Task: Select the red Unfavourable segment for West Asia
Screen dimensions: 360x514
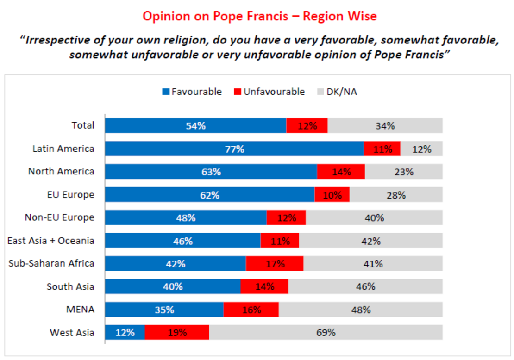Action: [177, 332]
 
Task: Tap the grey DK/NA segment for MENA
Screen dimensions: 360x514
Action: [360, 310]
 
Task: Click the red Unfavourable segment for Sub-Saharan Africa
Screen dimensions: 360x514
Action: [275, 264]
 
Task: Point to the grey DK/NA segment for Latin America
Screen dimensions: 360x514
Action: [421, 149]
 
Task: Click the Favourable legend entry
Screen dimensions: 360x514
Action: [192, 92]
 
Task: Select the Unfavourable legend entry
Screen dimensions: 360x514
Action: [269, 92]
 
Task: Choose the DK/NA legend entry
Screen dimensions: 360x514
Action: [337, 92]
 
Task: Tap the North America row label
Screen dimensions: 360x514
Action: [61, 171]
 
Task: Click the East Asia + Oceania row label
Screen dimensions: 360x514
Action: [51, 241]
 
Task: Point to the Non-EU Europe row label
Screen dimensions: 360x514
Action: [59, 217]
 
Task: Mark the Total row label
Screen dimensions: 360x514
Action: [83, 125]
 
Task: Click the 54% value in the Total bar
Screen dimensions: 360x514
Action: [195, 126]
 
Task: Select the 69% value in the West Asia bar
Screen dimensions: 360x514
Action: [326, 332]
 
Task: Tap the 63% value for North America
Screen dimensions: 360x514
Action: [211, 172]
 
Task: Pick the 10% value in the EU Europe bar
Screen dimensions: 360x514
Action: [332, 195]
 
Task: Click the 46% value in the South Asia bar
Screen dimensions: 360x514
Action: [365, 286]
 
